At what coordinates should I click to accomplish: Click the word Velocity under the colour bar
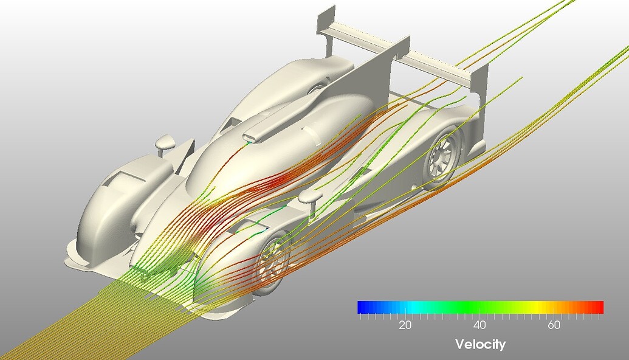(x=480, y=345)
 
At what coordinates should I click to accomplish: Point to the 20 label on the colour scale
(x=405, y=325)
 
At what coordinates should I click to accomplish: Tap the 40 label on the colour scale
(x=479, y=325)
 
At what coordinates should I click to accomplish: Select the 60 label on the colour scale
(x=554, y=325)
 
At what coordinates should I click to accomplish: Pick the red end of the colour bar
(x=599, y=307)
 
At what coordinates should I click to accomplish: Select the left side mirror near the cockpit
(x=165, y=144)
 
